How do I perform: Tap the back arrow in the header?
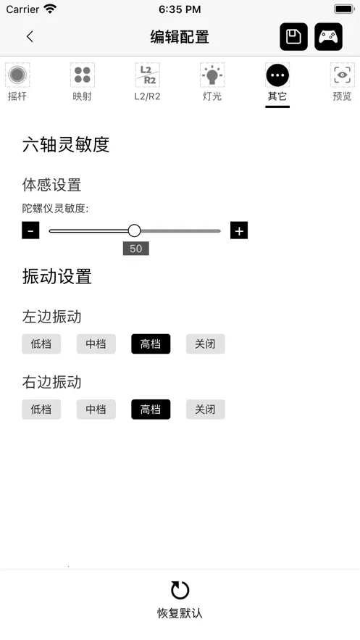[30, 37]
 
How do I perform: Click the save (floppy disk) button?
[293, 37]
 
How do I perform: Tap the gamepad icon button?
[328, 37]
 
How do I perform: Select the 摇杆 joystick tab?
[17, 82]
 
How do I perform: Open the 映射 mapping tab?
[83, 82]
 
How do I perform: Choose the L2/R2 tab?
[147, 82]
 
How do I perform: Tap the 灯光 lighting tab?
[212, 82]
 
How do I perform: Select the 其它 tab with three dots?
[277, 82]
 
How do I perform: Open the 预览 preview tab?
[342, 82]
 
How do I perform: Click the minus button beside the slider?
[30, 230]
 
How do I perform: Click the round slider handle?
[134, 230]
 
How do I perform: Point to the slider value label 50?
[135, 248]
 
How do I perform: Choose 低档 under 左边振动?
[41, 344]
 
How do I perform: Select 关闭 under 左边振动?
[205, 344]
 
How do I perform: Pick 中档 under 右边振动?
[96, 409]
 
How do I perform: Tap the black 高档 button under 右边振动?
[151, 409]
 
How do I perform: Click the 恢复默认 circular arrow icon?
[180, 590]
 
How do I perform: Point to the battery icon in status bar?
[344, 9]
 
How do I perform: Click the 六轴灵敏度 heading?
[66, 144]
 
